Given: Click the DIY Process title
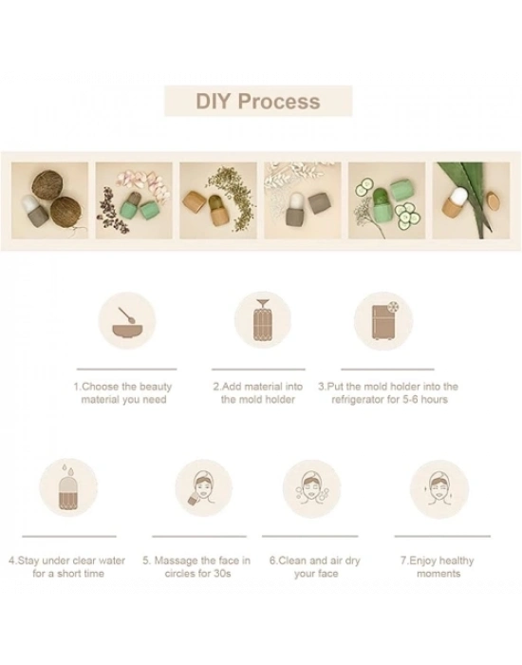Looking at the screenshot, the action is click(258, 102).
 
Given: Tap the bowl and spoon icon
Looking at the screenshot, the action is click(127, 321).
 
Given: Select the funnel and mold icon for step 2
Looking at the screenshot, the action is click(263, 320).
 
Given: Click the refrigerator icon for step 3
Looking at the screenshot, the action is click(383, 321).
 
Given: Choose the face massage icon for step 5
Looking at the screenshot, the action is click(204, 488).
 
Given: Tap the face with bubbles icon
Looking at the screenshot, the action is click(312, 489).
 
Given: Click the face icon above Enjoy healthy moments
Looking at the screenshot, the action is click(439, 489).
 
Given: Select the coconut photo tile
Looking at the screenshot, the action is click(49, 200).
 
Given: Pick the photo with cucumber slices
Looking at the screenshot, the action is click(386, 200).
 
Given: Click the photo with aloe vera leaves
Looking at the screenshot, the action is click(471, 200).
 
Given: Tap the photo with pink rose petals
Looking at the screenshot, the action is click(134, 200).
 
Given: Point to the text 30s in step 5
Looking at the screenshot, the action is click(222, 574).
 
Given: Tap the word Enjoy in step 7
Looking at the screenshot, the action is click(422, 561).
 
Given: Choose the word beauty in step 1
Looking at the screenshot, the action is click(156, 387).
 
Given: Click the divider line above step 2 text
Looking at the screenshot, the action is click(258, 370).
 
